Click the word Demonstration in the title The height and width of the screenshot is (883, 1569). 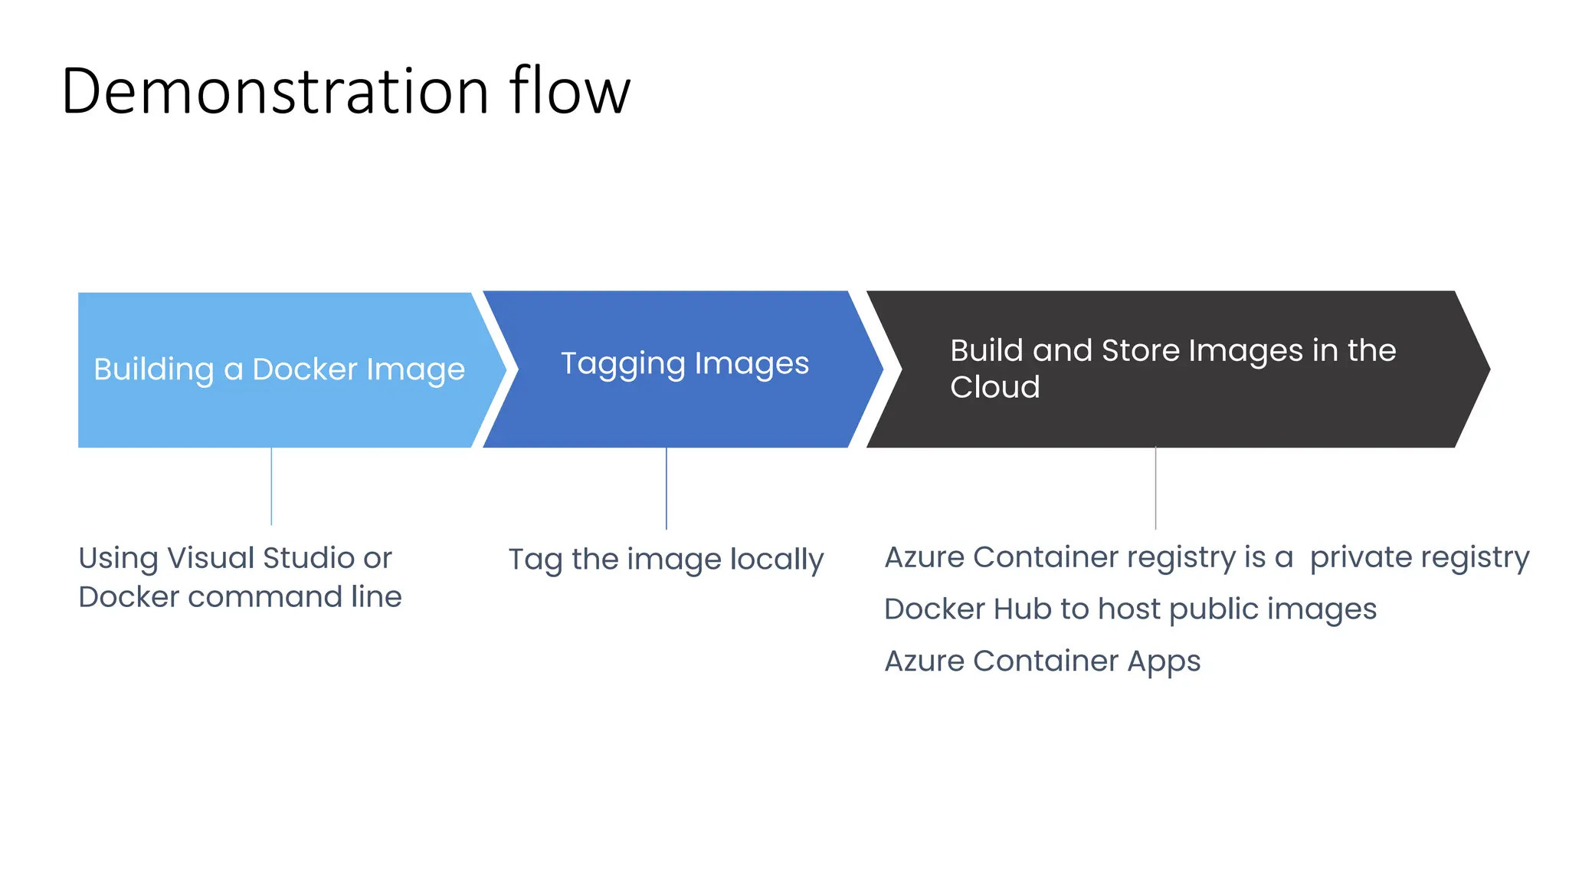(274, 91)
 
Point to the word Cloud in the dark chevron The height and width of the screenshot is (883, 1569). (994, 387)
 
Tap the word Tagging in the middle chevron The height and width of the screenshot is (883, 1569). (622, 364)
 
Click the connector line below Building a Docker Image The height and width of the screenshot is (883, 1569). (271, 486)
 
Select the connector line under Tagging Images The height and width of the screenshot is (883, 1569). (667, 488)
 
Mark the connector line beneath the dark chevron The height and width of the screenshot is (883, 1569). (1155, 488)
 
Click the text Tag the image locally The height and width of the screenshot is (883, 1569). (666, 560)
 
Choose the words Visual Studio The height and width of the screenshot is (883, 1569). (260, 558)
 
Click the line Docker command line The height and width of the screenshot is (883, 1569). (240, 597)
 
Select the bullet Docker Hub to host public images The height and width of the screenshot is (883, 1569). (1130, 609)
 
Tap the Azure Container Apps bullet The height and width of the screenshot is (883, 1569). (1042, 661)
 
